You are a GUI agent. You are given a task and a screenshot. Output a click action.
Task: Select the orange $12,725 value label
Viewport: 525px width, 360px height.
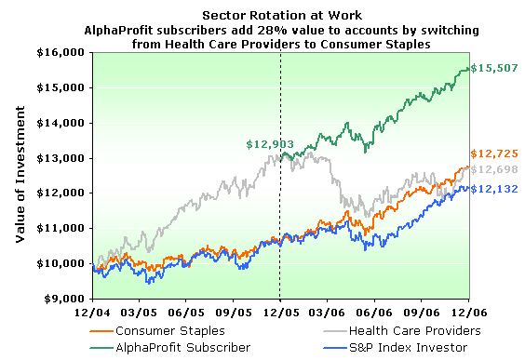click(x=495, y=153)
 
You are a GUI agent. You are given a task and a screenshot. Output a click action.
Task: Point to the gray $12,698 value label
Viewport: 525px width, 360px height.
click(x=495, y=169)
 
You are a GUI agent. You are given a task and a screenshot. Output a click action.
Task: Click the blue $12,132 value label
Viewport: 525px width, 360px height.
click(x=494, y=189)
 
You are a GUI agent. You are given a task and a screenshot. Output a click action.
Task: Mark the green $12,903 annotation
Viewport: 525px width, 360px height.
click(x=269, y=144)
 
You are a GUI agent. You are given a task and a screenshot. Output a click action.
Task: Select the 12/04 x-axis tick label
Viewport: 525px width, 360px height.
click(x=94, y=313)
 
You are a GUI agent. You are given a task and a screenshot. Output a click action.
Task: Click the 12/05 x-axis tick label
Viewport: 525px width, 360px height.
click(x=280, y=313)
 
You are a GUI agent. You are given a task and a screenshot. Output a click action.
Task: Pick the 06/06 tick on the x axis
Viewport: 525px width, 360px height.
click(x=374, y=313)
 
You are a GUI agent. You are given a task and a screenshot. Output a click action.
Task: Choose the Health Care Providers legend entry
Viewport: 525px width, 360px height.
click(x=409, y=330)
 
